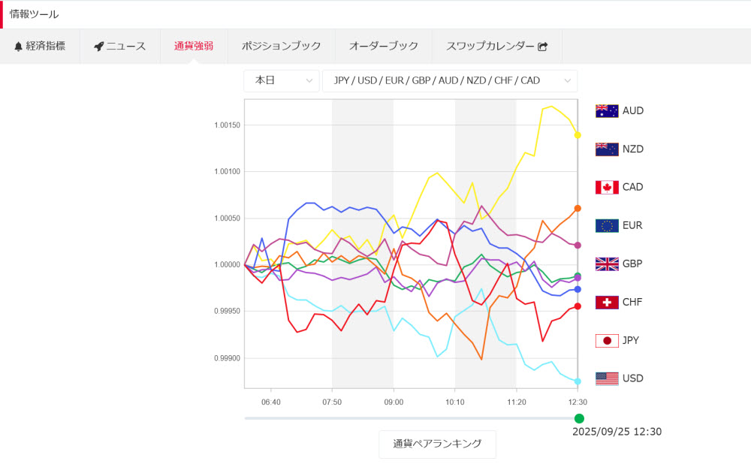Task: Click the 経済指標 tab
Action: (40, 46)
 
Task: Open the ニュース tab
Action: (120, 46)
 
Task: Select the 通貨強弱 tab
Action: (194, 46)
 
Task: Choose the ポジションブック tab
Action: (282, 46)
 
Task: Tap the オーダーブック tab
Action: (384, 46)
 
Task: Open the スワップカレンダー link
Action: (496, 46)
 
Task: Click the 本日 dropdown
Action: (282, 80)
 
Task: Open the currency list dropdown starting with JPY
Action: (449, 80)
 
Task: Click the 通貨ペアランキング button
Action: (437, 444)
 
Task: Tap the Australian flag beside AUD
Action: (607, 111)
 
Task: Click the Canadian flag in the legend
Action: (607, 187)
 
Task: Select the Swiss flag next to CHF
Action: (607, 302)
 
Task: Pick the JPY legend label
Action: (632, 340)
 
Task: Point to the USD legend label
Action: (633, 378)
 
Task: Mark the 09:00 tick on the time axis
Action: (394, 402)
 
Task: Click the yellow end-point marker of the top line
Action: (578, 135)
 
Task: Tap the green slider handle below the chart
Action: (579, 418)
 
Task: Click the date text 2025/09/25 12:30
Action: (617, 432)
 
